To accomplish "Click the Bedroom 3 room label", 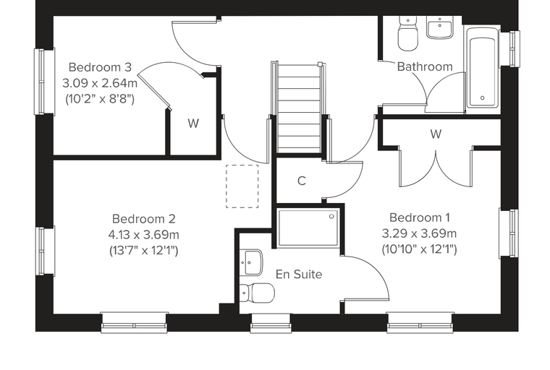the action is tap(100, 67).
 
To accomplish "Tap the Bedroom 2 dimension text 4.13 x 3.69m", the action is tap(144, 234).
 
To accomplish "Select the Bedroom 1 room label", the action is tap(420, 218).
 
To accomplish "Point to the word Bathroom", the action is tap(425, 66).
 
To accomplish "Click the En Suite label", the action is tap(299, 274).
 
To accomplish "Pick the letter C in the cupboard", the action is tap(301, 181).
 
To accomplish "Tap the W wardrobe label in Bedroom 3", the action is tap(193, 124).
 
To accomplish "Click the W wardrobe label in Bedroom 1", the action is tap(436, 134).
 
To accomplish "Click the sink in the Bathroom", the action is tap(439, 27).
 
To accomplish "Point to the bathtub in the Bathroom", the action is tap(482, 69).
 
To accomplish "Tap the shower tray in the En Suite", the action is tap(308, 228).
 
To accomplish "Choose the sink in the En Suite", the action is tap(251, 262).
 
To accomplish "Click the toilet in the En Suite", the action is tap(257, 292).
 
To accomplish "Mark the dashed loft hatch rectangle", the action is tap(242, 186).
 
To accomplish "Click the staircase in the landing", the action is tap(298, 108).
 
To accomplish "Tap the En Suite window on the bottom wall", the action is tap(271, 323).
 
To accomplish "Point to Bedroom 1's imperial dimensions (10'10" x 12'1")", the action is tap(420, 249).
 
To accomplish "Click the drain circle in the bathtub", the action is tap(482, 98).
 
